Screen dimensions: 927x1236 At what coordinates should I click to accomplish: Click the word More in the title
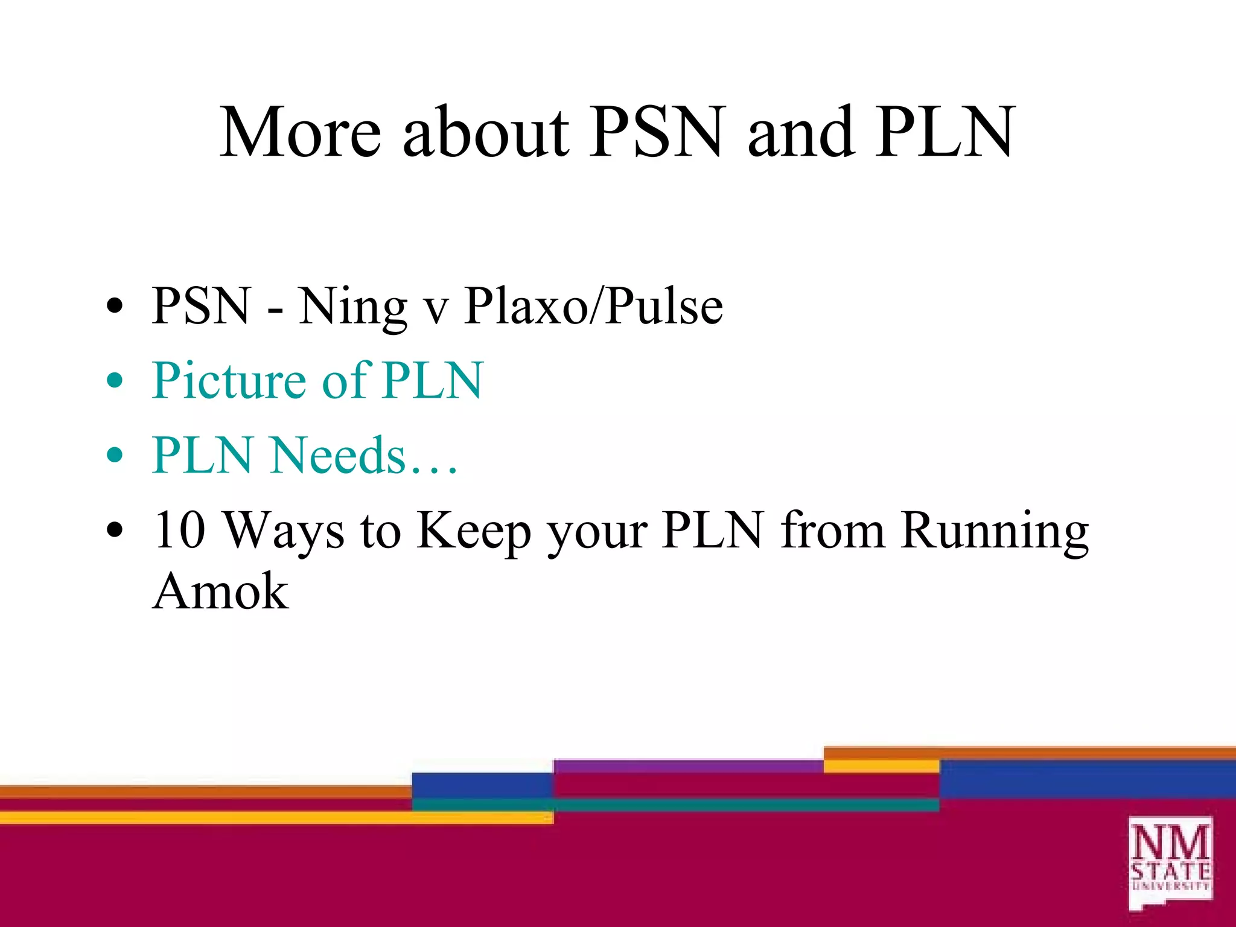click(300, 132)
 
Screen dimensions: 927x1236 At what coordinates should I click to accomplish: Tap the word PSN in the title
click(655, 132)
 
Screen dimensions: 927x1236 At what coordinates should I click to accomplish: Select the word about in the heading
click(485, 132)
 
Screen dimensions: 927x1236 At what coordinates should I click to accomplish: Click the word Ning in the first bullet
click(352, 307)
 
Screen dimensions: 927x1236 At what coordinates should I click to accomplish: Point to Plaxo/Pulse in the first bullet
click(593, 305)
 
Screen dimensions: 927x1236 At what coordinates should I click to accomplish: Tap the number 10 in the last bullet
click(179, 530)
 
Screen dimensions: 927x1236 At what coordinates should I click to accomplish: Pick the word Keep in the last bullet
click(474, 530)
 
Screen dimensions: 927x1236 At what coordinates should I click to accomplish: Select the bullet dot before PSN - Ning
click(114, 307)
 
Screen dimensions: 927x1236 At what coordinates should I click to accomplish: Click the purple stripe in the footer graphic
click(688, 766)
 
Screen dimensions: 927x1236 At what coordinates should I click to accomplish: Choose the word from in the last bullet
click(833, 530)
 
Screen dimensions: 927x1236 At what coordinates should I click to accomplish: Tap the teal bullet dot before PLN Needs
click(114, 456)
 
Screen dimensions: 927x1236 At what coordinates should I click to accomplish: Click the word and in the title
click(800, 132)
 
